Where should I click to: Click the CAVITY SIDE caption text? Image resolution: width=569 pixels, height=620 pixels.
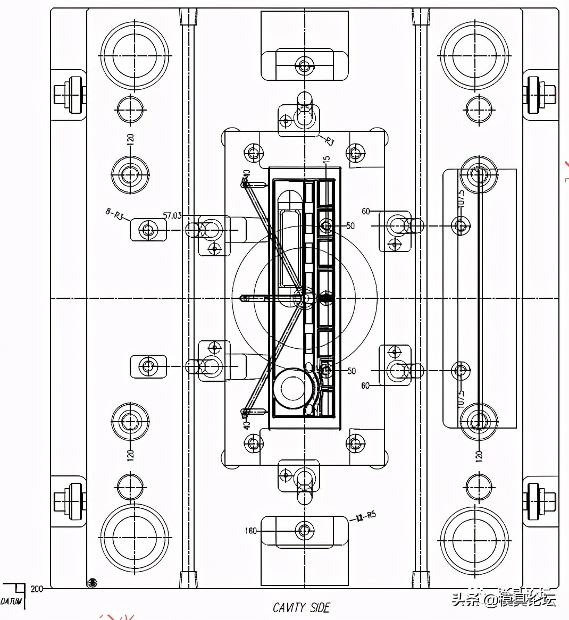coord(301,607)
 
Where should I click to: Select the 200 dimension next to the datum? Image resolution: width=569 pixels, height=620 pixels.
coord(36,589)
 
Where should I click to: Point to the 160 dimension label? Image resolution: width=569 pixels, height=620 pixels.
coord(251,531)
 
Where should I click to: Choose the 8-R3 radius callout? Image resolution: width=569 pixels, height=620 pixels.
coord(114,214)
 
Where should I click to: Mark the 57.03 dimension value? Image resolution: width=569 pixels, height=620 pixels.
coord(172,215)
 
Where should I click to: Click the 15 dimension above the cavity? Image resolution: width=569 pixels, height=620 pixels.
coord(327,159)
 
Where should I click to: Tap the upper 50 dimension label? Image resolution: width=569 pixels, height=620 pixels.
coord(350,226)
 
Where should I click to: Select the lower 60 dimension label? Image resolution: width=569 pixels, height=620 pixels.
coord(365,386)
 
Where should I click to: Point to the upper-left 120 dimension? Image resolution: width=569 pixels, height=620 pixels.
coord(130,140)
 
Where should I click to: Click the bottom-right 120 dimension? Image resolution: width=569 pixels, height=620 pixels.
coord(478,455)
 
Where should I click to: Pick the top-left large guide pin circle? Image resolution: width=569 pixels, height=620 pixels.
coord(134,55)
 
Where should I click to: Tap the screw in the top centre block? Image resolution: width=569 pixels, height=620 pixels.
coord(304,67)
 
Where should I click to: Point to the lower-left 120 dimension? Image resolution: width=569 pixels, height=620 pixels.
coord(130,455)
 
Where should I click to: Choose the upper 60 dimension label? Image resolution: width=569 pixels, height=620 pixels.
coord(366,212)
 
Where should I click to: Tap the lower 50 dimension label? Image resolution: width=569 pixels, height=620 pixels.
coord(351,371)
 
